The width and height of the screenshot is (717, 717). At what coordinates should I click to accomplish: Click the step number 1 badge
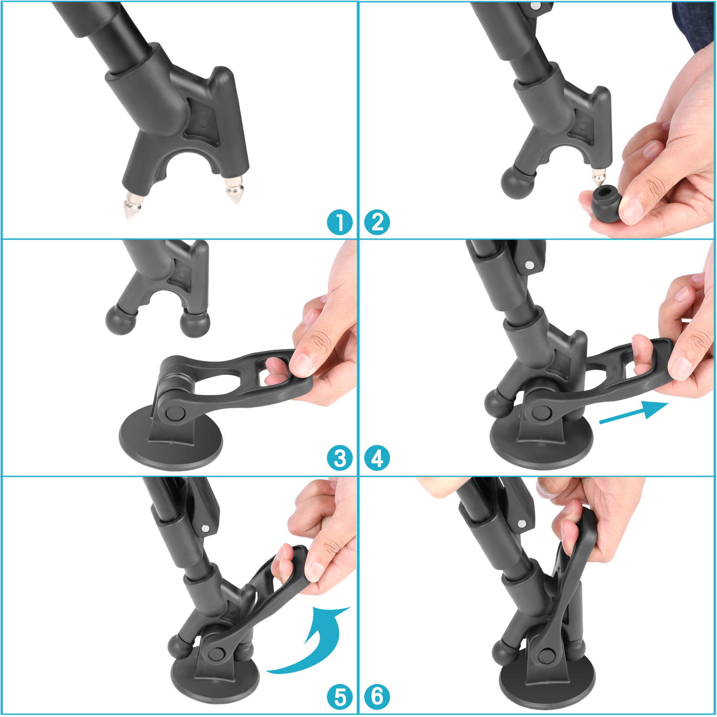[340, 223]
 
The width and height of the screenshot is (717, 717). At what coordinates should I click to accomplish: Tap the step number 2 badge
[377, 223]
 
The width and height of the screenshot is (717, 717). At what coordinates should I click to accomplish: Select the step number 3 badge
[340, 459]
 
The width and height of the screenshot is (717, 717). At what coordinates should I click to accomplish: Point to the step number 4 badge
[377, 459]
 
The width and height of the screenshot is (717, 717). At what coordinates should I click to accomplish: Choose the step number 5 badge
[340, 697]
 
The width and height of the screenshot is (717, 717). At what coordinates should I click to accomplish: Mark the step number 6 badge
[377, 697]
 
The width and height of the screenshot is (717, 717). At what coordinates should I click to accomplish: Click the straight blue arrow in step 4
[633, 413]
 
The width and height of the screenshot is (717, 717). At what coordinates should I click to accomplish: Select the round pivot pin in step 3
[173, 413]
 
